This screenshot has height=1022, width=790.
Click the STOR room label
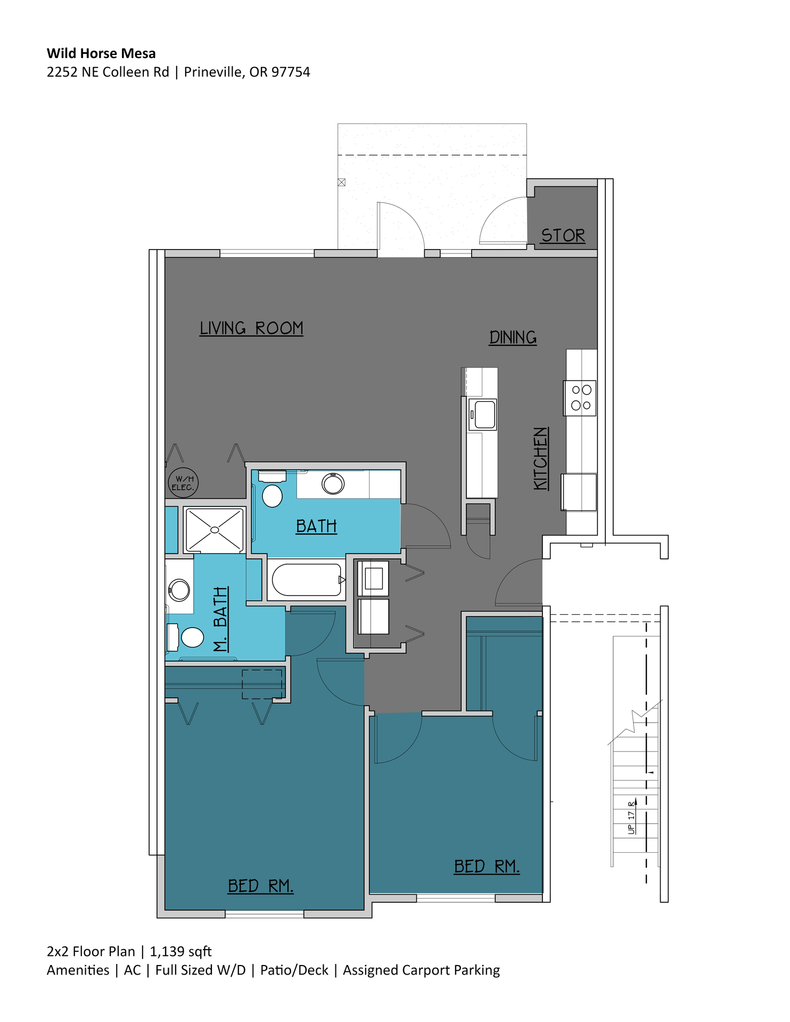coord(563,235)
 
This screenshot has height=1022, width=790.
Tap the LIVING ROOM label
coord(251,328)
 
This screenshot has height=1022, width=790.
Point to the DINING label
coord(513,337)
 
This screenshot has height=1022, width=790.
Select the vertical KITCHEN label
coord(541,458)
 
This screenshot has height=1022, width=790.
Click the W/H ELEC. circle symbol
coord(183,483)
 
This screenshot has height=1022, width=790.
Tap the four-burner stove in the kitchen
coord(581,398)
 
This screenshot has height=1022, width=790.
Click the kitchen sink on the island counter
coord(483,414)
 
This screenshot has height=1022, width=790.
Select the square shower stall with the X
coord(215,530)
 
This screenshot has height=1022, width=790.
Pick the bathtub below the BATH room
coord(307,580)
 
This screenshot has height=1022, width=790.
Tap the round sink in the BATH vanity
coord(333,484)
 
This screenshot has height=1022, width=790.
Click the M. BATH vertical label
coord(221,619)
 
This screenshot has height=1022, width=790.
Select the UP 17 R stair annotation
coord(632,817)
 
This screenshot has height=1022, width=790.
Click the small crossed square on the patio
coord(342,182)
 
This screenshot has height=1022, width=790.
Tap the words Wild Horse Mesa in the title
coord(101,53)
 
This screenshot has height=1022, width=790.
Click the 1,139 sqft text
coord(180,951)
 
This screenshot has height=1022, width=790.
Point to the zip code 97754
coord(291,72)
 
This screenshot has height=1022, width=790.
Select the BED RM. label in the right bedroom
coord(486,866)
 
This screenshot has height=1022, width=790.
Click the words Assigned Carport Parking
coord(421,970)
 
